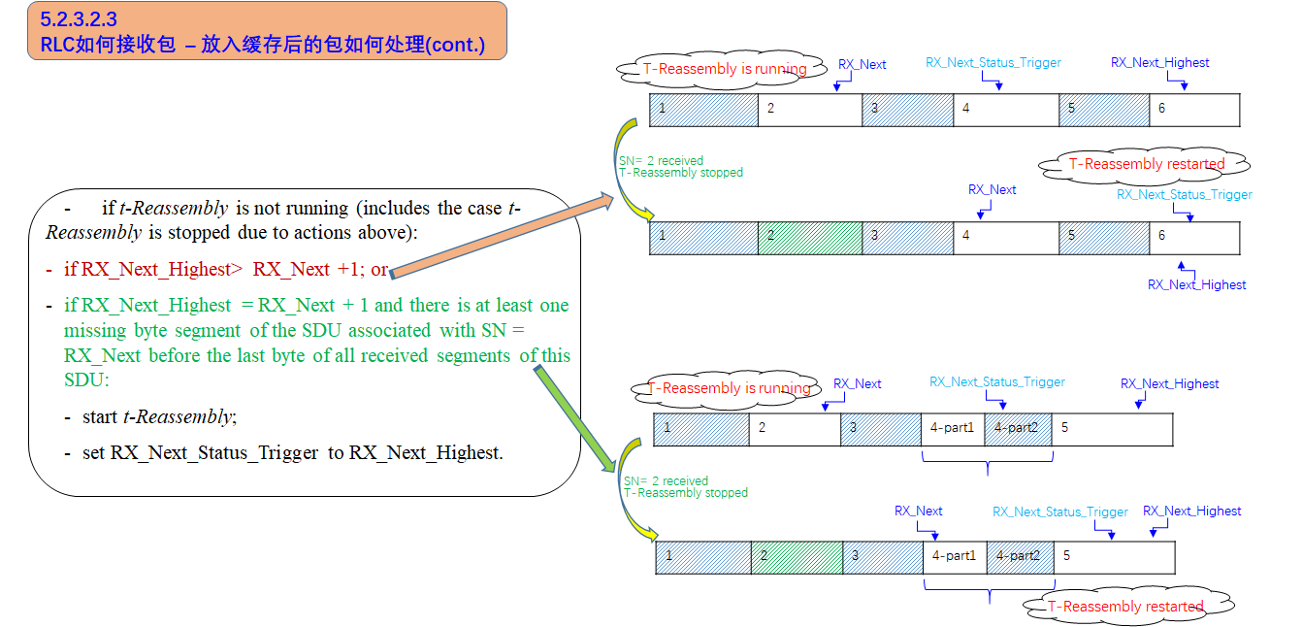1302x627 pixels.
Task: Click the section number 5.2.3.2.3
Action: click(79, 19)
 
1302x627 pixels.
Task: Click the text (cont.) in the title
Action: click(455, 45)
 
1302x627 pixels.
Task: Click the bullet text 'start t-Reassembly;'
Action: click(159, 417)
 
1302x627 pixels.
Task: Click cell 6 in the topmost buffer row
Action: click(1194, 110)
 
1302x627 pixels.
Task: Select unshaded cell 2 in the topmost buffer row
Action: click(809, 110)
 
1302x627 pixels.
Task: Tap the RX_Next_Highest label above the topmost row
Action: click(1159, 63)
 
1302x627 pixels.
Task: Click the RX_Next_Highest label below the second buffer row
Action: click(1196, 284)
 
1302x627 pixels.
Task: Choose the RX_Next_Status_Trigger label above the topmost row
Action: click(993, 63)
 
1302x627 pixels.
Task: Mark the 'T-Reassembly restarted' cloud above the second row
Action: click(1146, 164)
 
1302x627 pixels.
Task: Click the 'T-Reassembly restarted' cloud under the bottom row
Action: click(1125, 607)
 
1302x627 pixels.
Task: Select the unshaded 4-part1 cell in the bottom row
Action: click(954, 557)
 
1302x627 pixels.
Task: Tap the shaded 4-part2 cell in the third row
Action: click(1018, 429)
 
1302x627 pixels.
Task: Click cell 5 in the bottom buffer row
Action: click(1115, 557)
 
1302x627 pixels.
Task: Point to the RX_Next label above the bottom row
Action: click(918, 511)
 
